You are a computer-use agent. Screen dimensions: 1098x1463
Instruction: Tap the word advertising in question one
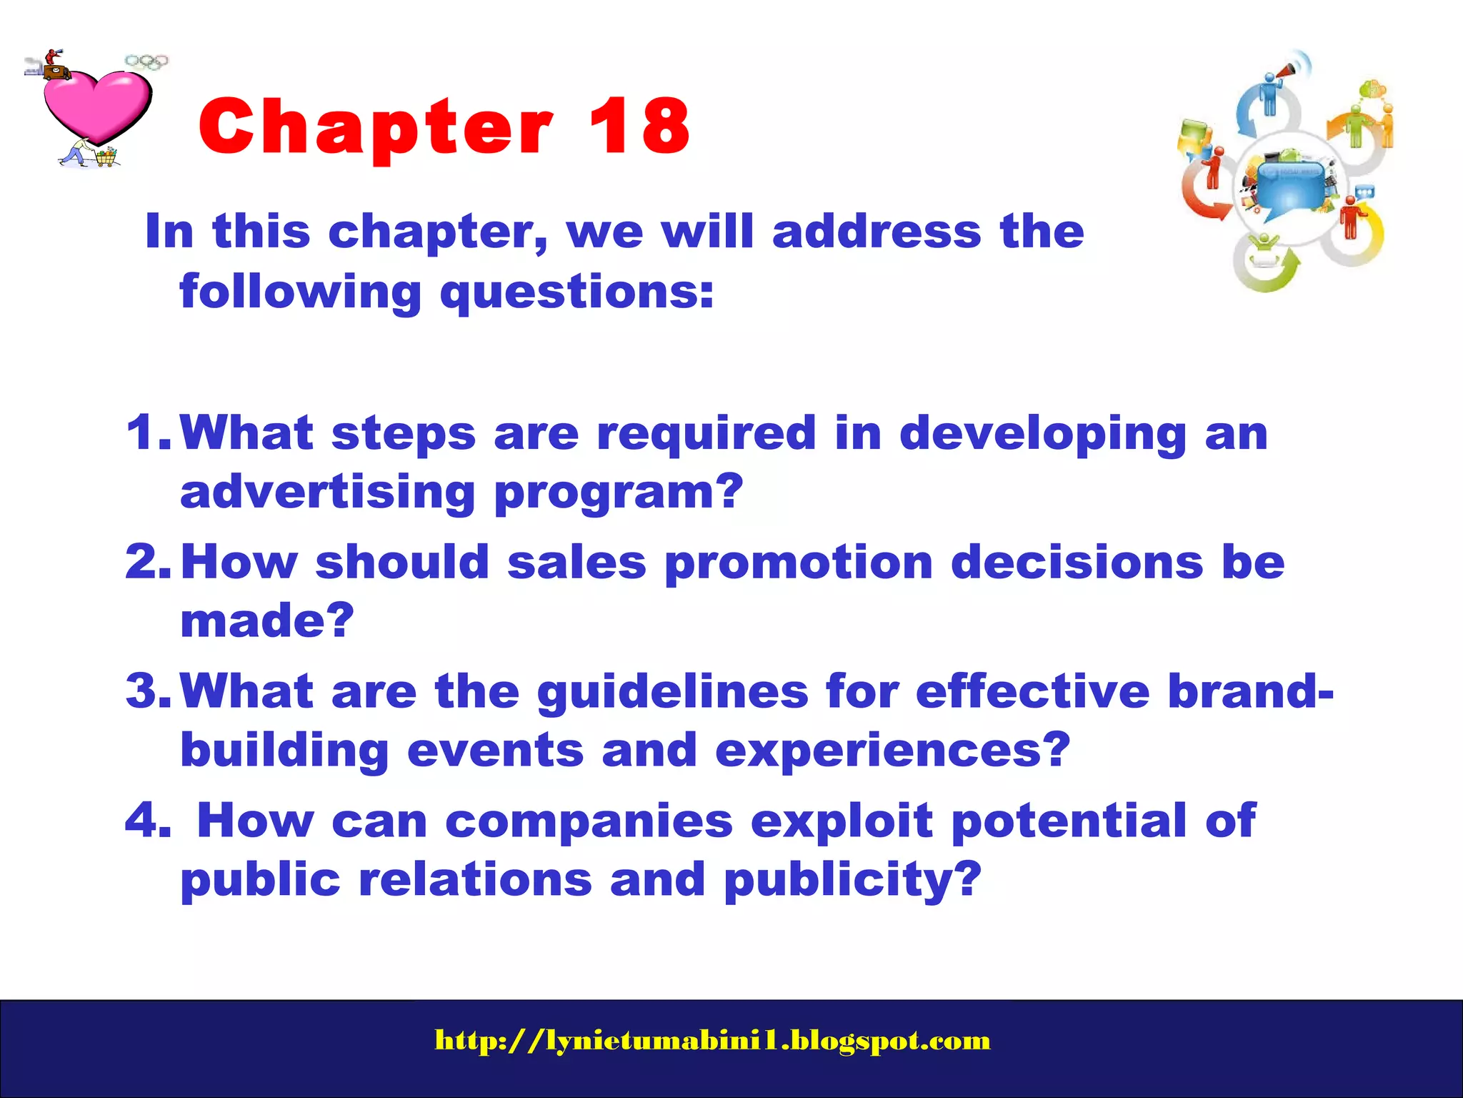click(328, 493)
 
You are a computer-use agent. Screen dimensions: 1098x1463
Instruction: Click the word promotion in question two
click(799, 563)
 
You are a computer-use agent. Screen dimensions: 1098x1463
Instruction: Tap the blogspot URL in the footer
click(712, 1040)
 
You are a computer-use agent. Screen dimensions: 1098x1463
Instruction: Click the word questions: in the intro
click(576, 293)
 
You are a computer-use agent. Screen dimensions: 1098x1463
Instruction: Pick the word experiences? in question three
click(892, 751)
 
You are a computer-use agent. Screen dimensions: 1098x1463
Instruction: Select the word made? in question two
click(267, 620)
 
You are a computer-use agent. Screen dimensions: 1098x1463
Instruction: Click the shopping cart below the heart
click(106, 156)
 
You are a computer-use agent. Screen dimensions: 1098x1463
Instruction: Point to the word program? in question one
click(619, 493)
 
